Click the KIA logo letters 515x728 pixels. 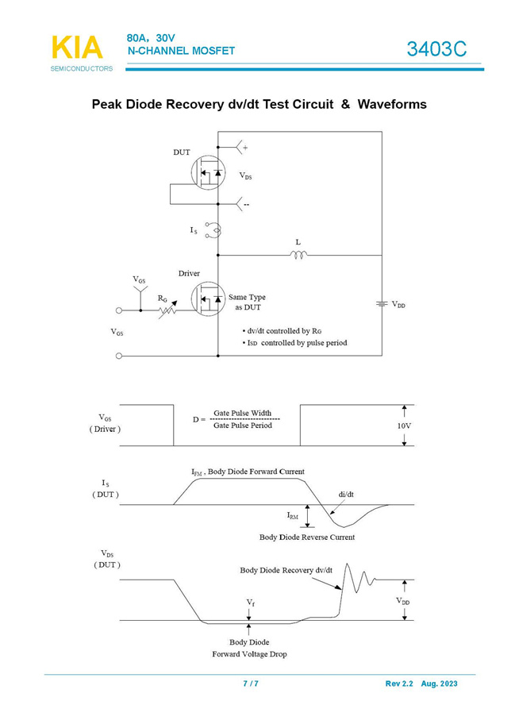pyautogui.click(x=77, y=48)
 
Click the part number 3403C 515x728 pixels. pyautogui.click(x=436, y=49)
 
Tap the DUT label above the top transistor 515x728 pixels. pyautogui.click(x=182, y=152)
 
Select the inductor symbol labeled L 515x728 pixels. pyautogui.click(x=298, y=255)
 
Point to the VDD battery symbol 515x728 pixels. pyautogui.click(x=381, y=304)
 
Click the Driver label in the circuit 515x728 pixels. pyautogui.click(x=189, y=274)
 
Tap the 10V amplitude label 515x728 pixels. pyautogui.click(x=404, y=426)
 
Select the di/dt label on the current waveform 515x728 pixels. pyautogui.click(x=346, y=494)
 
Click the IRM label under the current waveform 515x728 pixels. pyautogui.click(x=293, y=516)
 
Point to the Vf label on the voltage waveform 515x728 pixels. pyautogui.click(x=251, y=603)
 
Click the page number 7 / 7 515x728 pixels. pyautogui.click(x=251, y=684)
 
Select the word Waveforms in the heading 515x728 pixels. pyautogui.click(x=392, y=104)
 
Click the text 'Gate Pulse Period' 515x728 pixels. pyautogui.click(x=243, y=426)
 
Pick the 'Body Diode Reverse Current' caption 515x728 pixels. pyautogui.click(x=307, y=537)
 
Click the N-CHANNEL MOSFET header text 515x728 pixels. pyautogui.click(x=181, y=51)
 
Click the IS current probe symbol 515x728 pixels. pyautogui.click(x=213, y=230)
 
